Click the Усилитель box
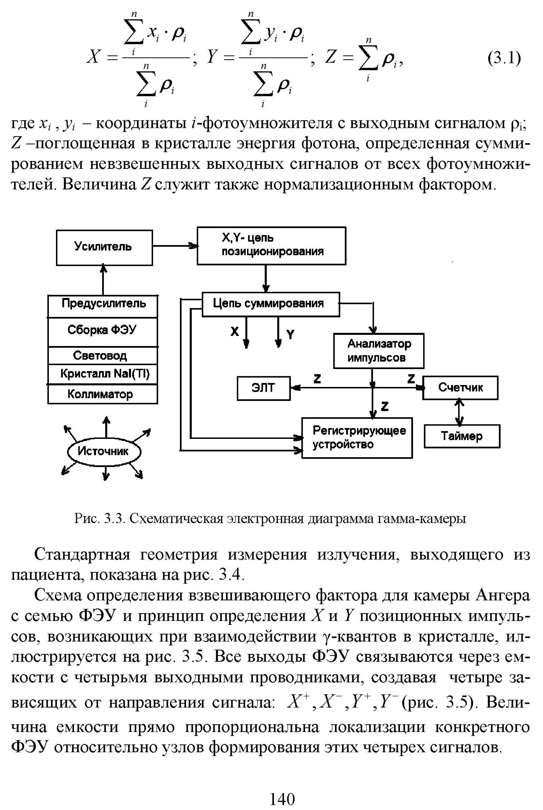coord(104,248)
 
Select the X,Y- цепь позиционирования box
coord(271,246)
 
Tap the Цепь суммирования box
coord(270,304)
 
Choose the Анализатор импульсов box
coord(378,351)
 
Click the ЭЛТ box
coord(264,388)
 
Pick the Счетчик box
coord(460,388)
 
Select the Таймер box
coord(462,436)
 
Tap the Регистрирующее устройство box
coord(357,438)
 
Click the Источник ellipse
coord(104,451)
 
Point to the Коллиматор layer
coord(102,394)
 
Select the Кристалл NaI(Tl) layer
coord(102,374)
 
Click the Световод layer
coord(102,356)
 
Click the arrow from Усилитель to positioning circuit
coord(174,246)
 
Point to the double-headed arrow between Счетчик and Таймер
coord(459,412)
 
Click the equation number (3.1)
coord(504,58)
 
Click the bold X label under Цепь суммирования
coord(235,332)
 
